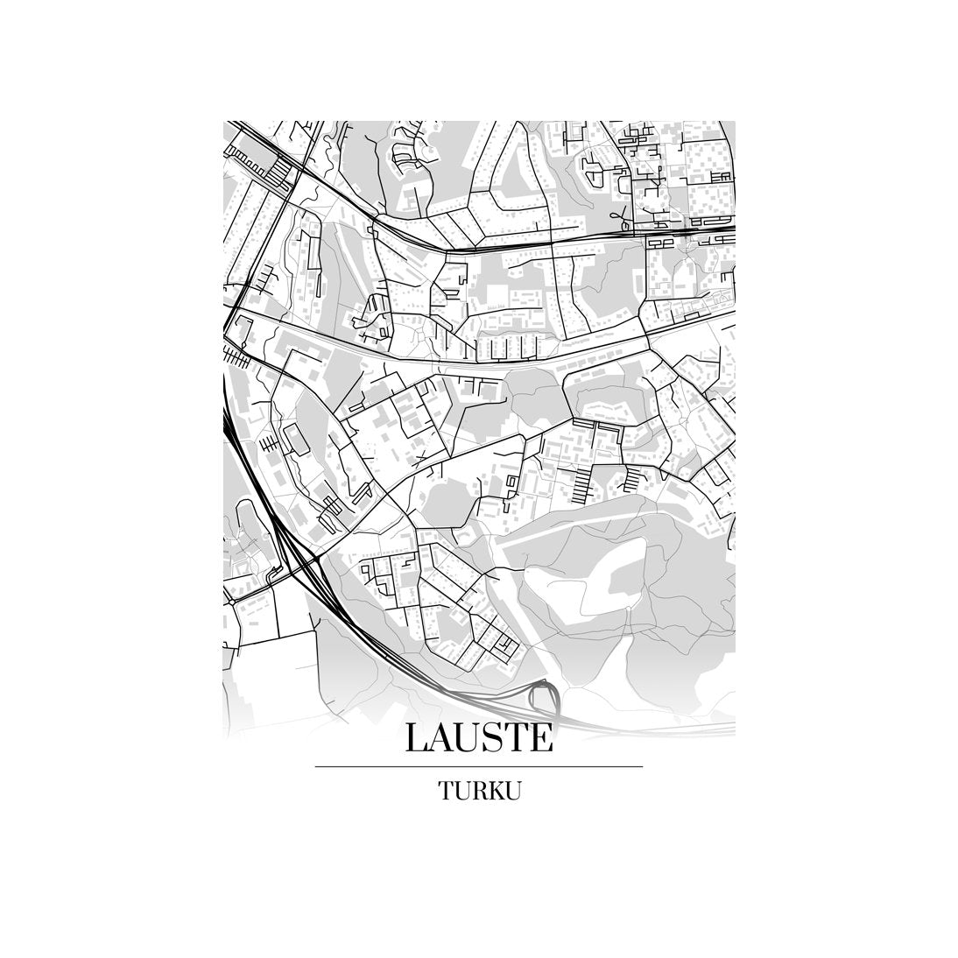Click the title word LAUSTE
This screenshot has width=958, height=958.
479,737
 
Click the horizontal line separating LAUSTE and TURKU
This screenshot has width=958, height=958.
479,767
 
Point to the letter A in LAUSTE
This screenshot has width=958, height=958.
441,737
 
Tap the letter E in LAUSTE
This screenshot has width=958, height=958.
542,737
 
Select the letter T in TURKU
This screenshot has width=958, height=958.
446,791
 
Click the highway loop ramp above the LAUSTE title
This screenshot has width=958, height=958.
546,697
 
